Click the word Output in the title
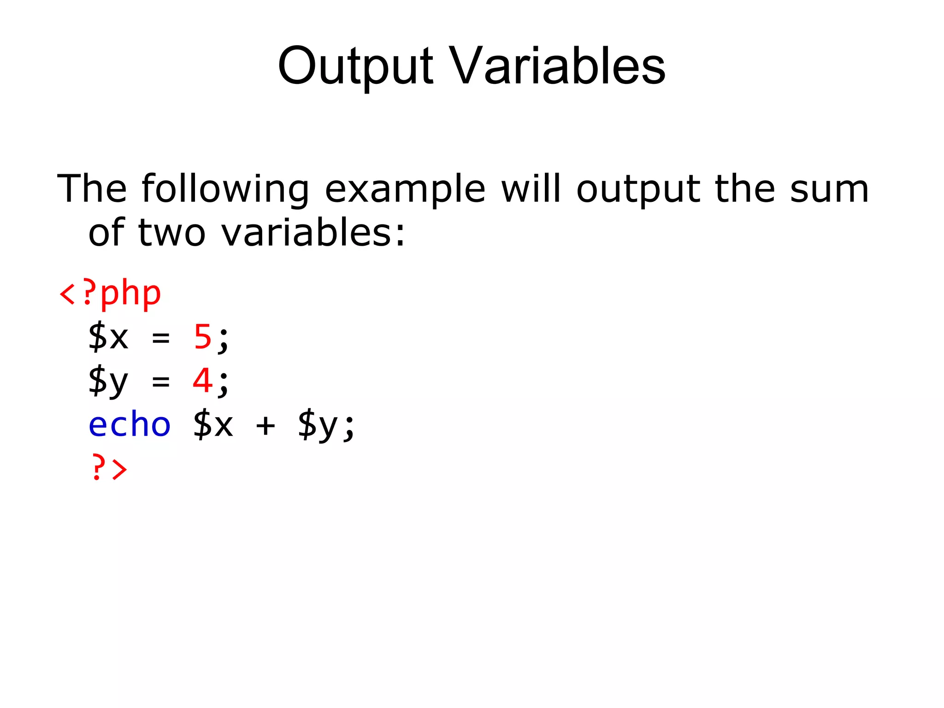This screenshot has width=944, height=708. pyautogui.click(x=355, y=67)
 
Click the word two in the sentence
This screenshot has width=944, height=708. pyautogui.click(x=171, y=233)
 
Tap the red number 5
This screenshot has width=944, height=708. pyautogui.click(x=202, y=337)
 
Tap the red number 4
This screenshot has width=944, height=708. pyautogui.click(x=202, y=381)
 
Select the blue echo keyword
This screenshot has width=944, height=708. pyautogui.click(x=130, y=425)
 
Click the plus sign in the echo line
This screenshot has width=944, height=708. pyautogui.click(x=265, y=425)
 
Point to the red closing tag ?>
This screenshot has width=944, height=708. pyautogui.click(x=109, y=468)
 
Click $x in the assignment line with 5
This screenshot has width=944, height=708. pyautogui.click(x=108, y=337)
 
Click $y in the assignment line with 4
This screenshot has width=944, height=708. pyautogui.click(x=108, y=381)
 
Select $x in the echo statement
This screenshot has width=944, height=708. pyautogui.click(x=213, y=425)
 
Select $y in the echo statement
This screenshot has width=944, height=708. pyautogui.click(x=318, y=425)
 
